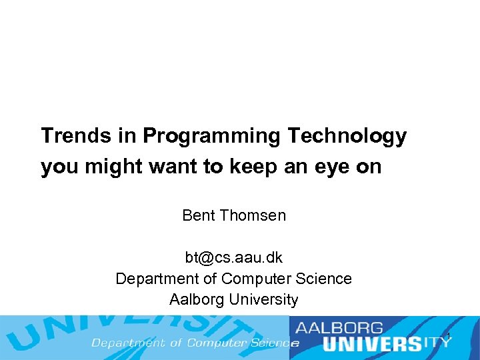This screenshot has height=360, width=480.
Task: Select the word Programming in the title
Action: pos(211,136)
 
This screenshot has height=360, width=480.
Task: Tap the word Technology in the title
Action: pos(347,136)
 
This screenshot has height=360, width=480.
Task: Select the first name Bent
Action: pos(198,215)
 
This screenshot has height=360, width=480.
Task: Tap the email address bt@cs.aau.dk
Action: pos(234,257)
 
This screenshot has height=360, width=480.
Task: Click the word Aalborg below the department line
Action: pos(197,300)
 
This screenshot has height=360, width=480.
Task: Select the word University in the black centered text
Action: pos(263,300)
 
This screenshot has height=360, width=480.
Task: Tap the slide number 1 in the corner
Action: pos(449,335)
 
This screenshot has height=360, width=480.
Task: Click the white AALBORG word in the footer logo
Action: pos(340,328)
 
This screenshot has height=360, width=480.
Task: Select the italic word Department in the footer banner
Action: pos(128,343)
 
